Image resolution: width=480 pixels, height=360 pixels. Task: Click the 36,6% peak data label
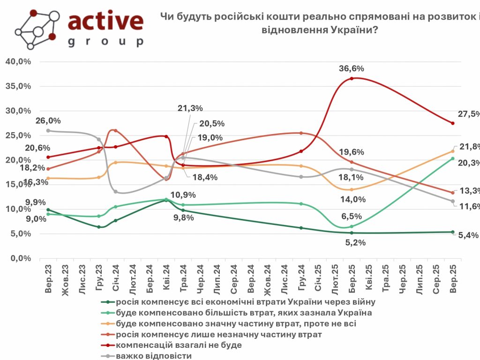point(352,68)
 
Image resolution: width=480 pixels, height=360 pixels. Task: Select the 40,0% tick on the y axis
point(18,62)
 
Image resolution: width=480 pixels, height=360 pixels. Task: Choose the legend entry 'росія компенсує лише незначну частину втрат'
point(218,334)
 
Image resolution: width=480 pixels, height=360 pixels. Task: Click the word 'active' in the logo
point(105,21)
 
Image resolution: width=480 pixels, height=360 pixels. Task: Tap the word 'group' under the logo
point(105,42)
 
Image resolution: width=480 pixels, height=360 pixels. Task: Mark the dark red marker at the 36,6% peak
point(352,78)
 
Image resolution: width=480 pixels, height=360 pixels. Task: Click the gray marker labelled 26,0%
point(48,131)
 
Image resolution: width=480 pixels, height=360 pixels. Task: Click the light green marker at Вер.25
point(453,158)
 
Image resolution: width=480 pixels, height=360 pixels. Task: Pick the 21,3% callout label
point(190,108)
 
